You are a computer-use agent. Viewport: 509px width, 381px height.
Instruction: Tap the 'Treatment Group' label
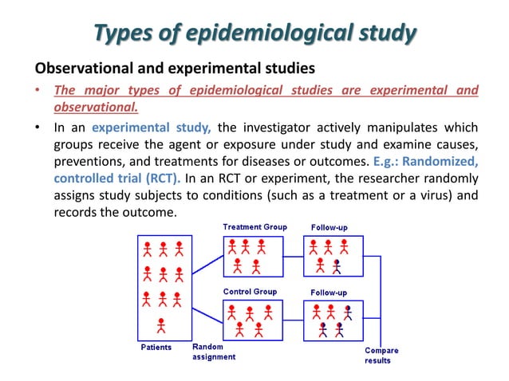[x=254, y=227]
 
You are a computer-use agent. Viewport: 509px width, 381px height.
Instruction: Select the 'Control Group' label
[x=250, y=292]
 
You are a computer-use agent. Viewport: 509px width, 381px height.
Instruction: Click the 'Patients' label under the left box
[x=156, y=348]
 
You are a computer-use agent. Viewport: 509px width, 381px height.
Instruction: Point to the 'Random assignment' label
[x=213, y=352]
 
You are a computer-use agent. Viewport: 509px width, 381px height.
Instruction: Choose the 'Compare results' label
[x=381, y=355]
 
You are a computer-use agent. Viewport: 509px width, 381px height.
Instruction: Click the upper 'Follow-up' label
[x=329, y=227]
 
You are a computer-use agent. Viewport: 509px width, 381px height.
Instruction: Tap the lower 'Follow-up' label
[x=329, y=293]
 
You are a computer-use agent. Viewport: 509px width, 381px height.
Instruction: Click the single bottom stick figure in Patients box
[x=161, y=325]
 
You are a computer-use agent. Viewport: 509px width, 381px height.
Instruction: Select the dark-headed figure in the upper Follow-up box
[x=337, y=266]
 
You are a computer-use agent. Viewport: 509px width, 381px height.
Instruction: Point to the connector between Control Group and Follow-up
[x=294, y=321]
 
